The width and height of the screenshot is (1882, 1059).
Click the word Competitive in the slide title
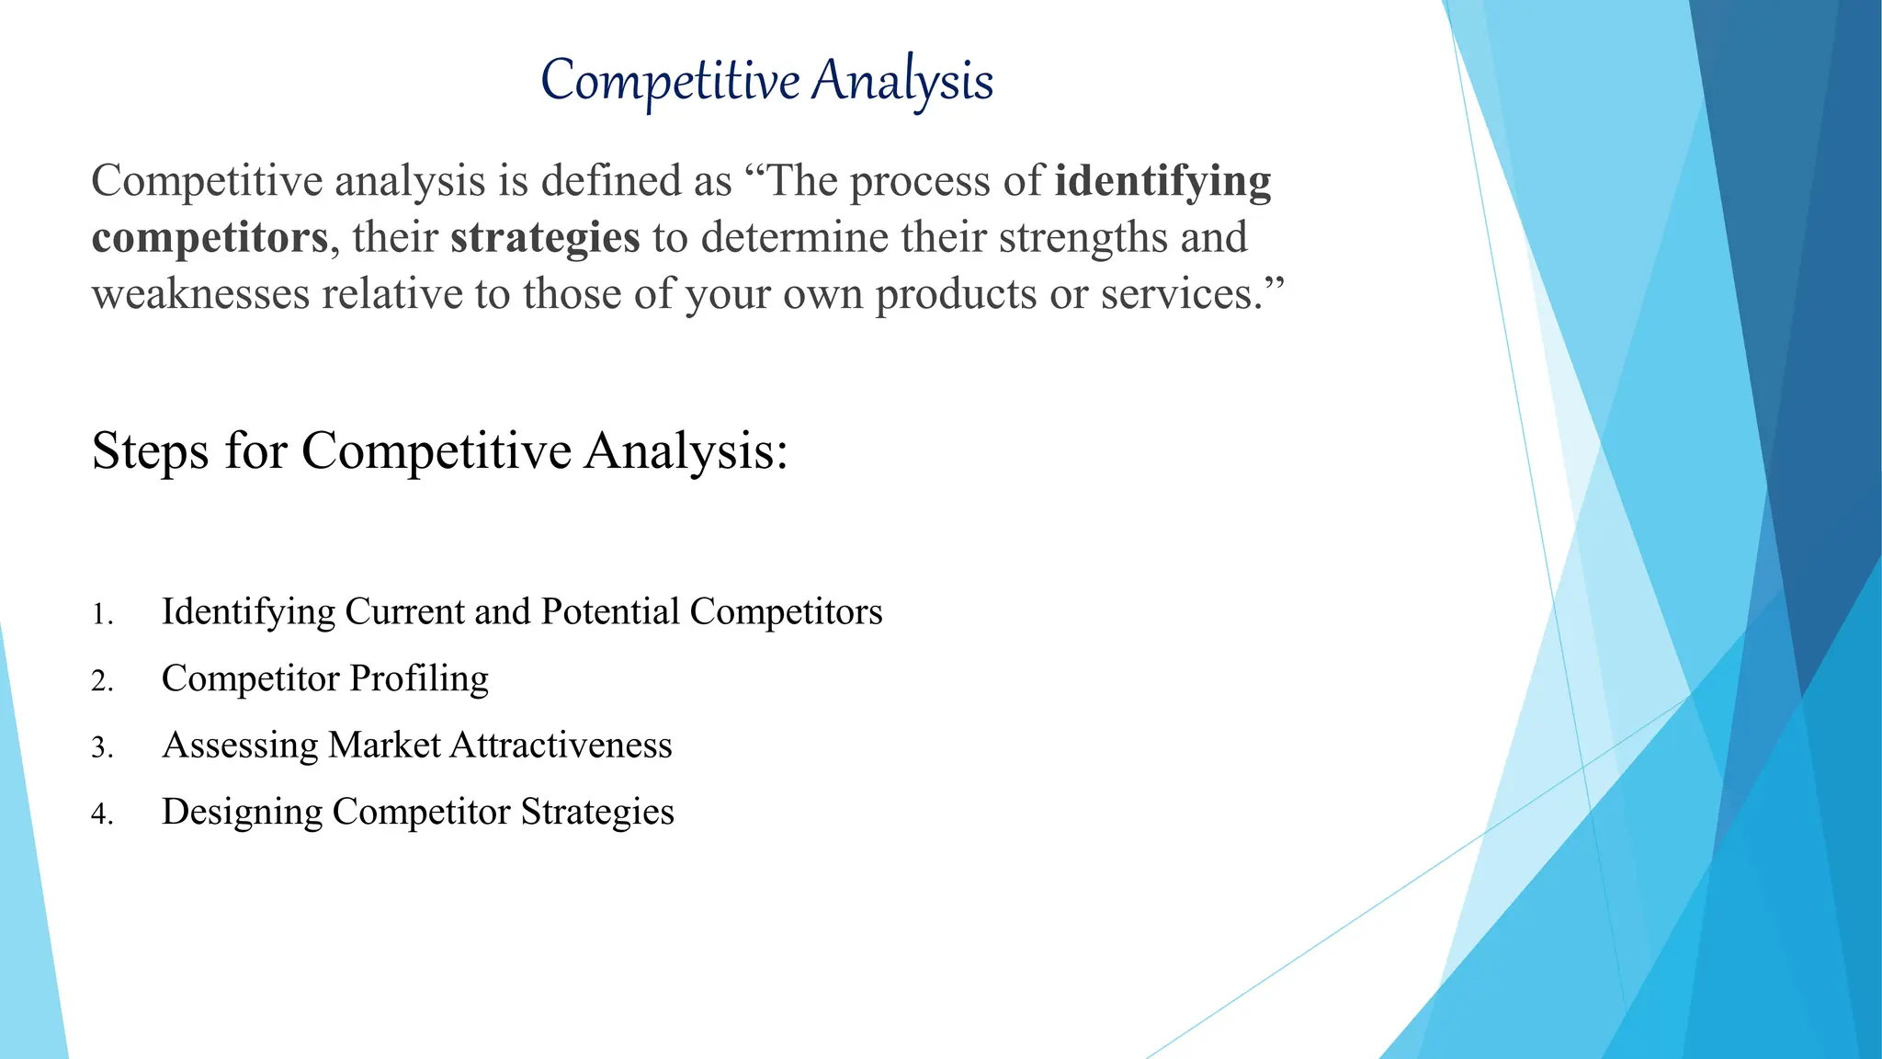pyautogui.click(x=670, y=81)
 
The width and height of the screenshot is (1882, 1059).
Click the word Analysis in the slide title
pyautogui.click(x=902, y=81)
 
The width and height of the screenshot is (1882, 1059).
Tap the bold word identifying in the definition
pyautogui.click(x=1162, y=181)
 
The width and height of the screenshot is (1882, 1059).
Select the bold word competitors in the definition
pyautogui.click(x=210, y=238)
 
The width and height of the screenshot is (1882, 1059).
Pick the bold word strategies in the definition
pyautogui.click(x=545, y=238)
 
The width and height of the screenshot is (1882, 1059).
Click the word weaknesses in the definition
pyautogui.click(x=201, y=295)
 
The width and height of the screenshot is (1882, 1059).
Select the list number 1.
pyautogui.click(x=101, y=615)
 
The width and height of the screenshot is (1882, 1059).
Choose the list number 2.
pyautogui.click(x=101, y=681)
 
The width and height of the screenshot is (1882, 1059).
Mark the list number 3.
pyautogui.click(x=101, y=748)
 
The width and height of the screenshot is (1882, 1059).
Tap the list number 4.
pyautogui.click(x=101, y=814)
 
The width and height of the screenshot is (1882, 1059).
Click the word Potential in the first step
pyautogui.click(x=610, y=612)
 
